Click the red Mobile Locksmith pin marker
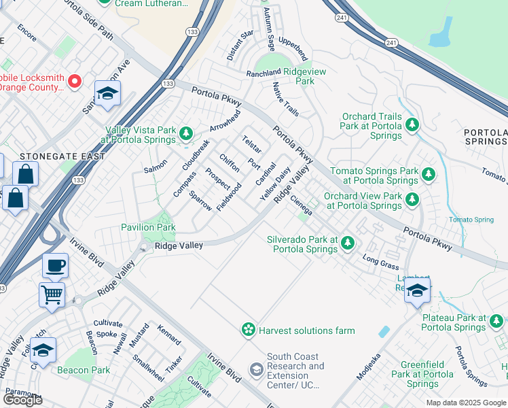75,82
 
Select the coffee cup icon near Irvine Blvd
55,265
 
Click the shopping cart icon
52,295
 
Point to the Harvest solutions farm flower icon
249,330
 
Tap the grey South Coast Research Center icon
256,370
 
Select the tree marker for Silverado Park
348,243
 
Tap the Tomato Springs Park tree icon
428,175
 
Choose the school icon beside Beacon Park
43,350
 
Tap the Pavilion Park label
148,227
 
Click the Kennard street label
169,335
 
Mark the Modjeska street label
369,367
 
